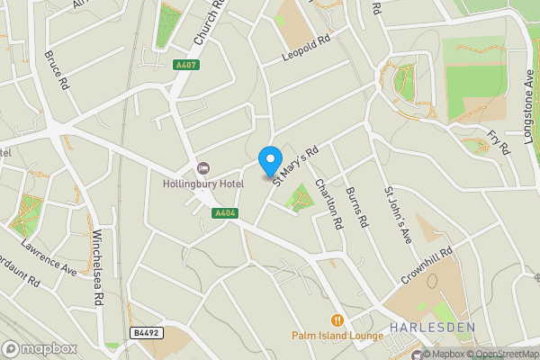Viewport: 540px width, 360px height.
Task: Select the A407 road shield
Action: pos(186,65)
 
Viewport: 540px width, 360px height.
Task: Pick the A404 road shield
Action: pos(225,213)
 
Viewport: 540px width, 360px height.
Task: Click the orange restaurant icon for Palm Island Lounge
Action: pos(337,319)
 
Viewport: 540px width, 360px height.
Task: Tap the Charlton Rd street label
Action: pos(329,203)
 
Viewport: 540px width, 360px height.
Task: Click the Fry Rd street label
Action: pos(498,141)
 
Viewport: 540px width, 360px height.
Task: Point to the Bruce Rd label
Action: pos(56,69)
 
